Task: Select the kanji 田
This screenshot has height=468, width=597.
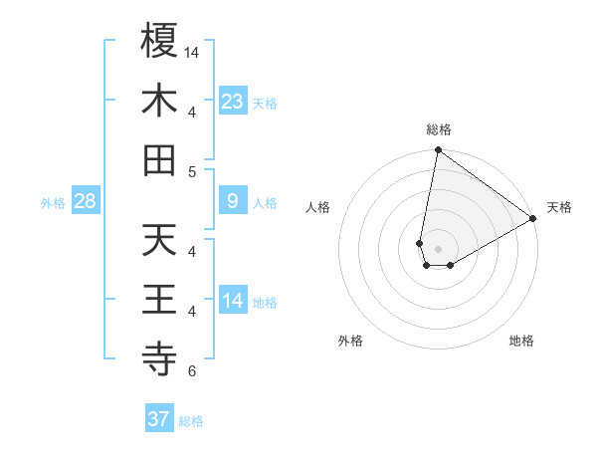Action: coord(159,159)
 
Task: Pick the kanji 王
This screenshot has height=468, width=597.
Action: coord(159,299)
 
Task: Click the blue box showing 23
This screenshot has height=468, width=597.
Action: coord(233,101)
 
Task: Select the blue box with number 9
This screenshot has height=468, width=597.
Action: coord(233,201)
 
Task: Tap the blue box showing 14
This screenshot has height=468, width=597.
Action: coord(233,300)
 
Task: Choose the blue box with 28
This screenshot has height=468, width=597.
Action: coord(86,201)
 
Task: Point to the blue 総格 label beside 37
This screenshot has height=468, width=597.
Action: coord(191,421)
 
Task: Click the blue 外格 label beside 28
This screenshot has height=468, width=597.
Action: coord(53,203)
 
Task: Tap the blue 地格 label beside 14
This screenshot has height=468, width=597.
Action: coord(265,302)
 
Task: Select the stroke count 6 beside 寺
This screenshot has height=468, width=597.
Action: coord(192,372)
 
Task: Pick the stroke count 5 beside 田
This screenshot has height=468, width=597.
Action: coord(192,171)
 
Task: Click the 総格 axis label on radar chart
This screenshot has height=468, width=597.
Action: coord(438,129)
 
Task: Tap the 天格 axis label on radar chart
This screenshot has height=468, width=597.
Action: coord(559,207)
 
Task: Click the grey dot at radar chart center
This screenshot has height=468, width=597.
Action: coord(438,249)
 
